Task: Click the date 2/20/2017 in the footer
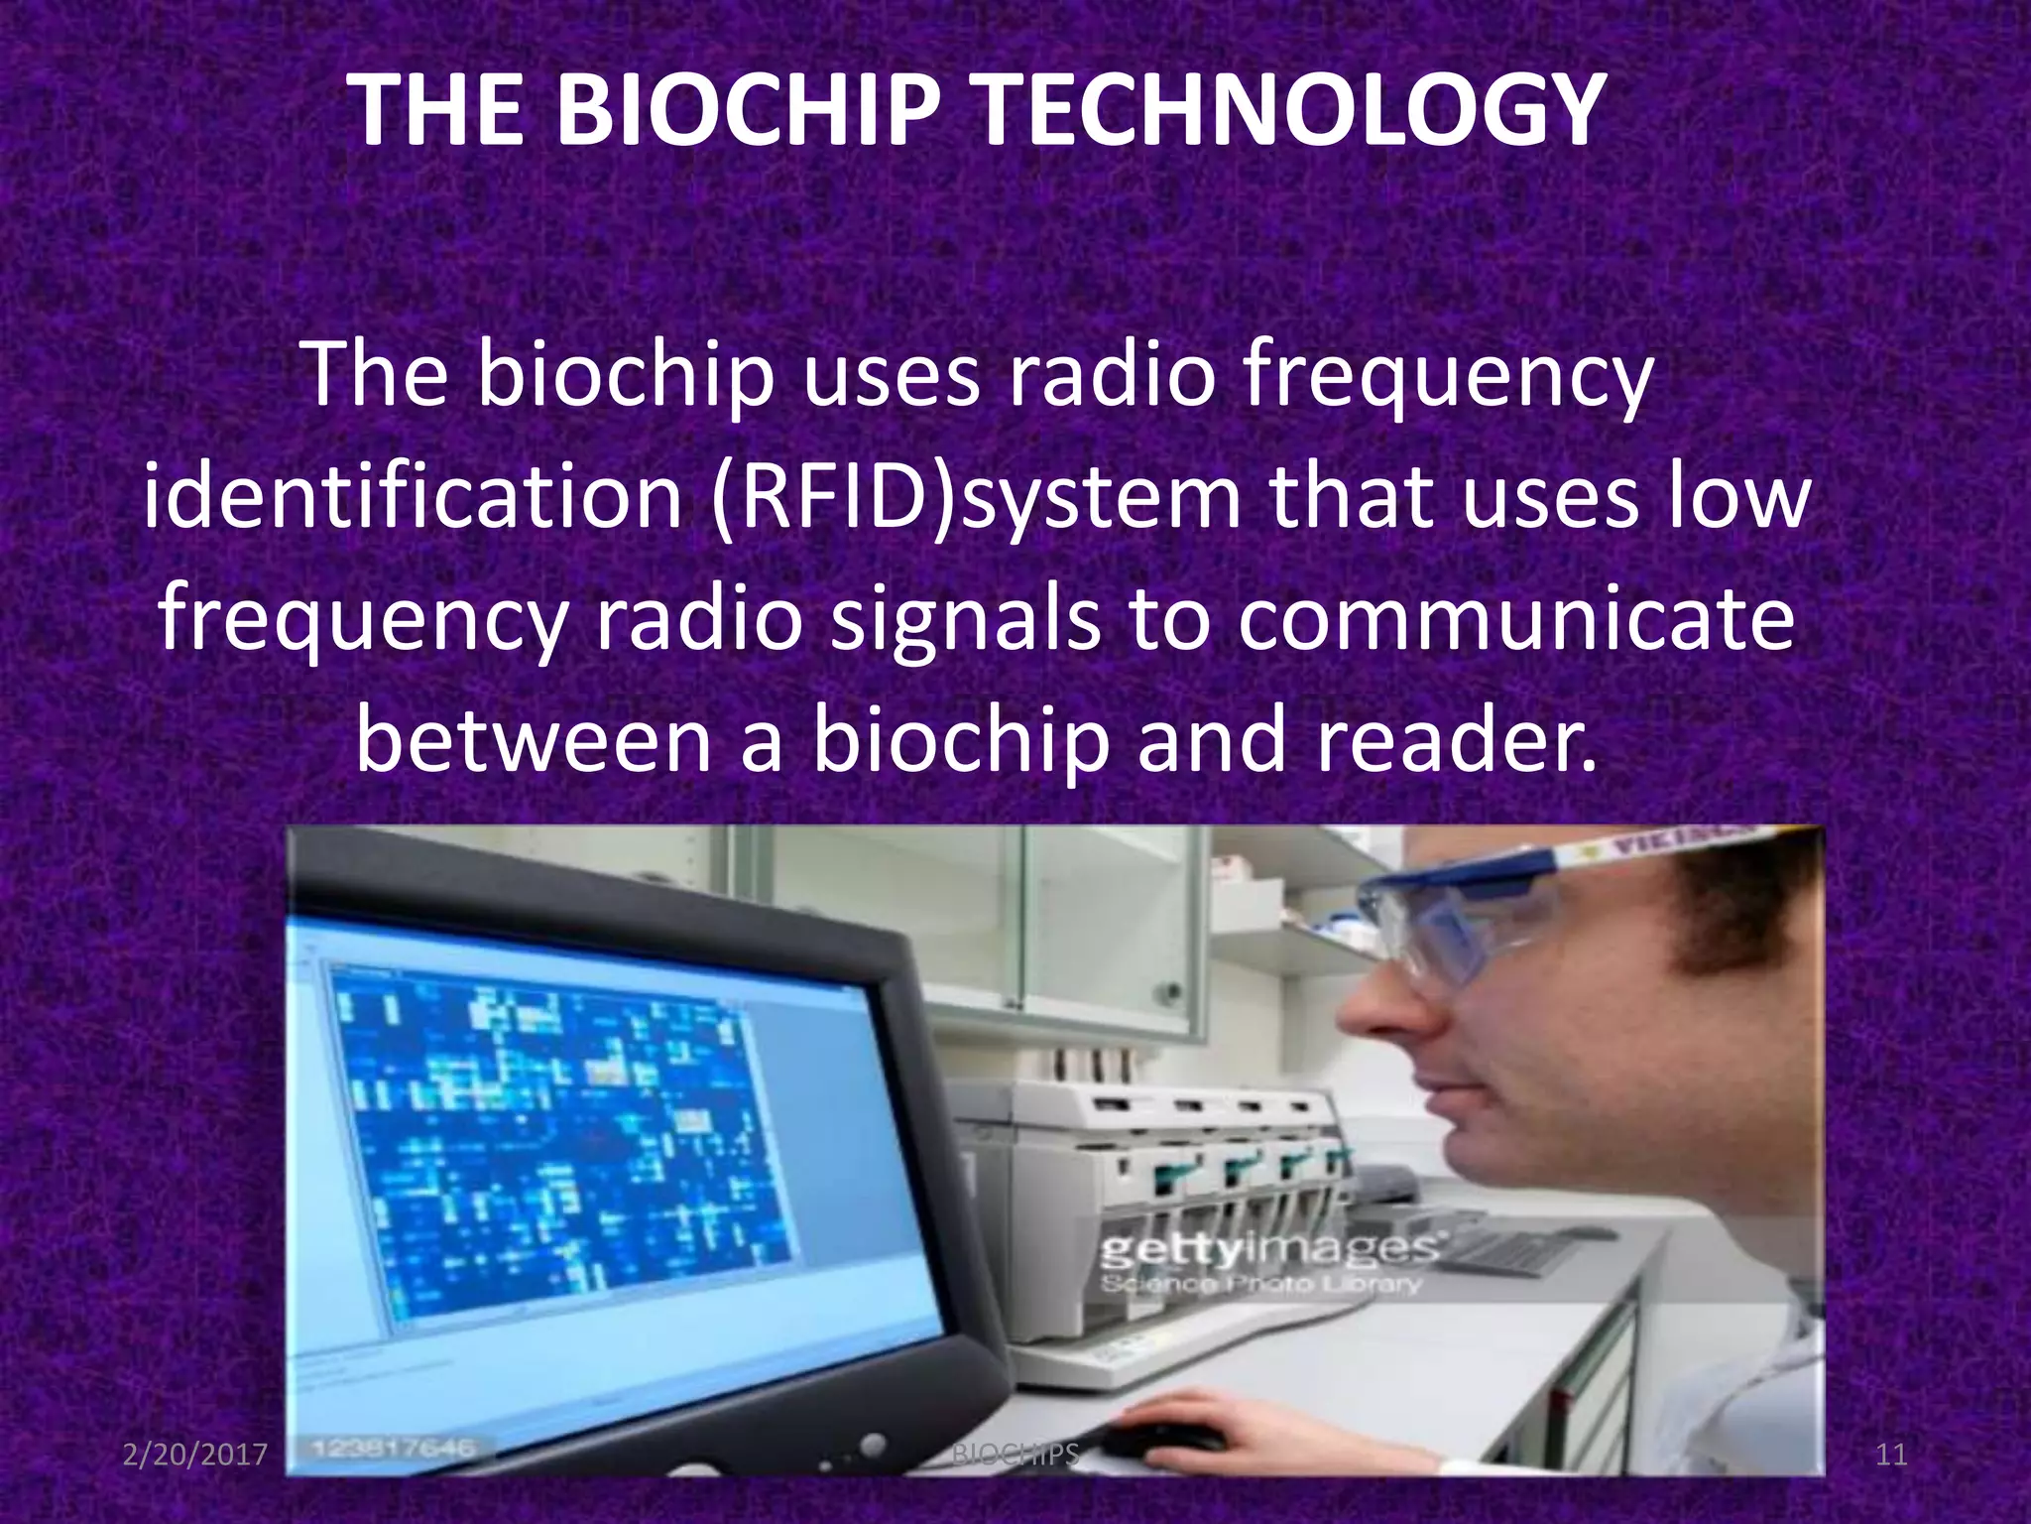(195, 1455)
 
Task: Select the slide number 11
(1891, 1455)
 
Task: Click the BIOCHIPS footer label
(1015, 1455)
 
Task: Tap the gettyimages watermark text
(1269, 1250)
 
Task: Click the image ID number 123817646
(394, 1448)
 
